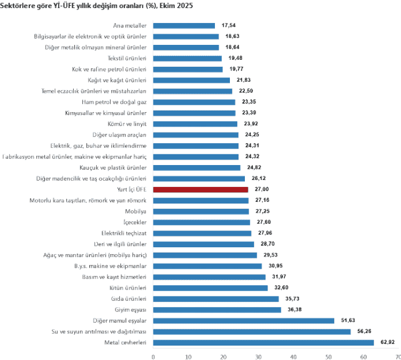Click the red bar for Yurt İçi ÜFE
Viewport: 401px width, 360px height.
click(200, 190)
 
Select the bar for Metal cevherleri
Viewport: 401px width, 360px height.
click(263, 342)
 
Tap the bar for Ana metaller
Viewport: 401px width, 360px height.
click(184, 26)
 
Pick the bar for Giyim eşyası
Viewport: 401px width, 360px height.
click(217, 310)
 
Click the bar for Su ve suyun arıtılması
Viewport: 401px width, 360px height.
click(252, 332)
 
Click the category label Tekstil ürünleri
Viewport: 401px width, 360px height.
click(127, 58)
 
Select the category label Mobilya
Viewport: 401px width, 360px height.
click(136, 212)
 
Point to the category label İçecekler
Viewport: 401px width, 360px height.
click(134, 222)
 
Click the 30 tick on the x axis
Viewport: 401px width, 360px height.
click(258, 356)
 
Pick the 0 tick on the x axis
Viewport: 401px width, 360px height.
click(153, 356)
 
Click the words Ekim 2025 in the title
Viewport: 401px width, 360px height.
click(178, 5)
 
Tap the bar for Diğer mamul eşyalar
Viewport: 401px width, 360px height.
click(244, 320)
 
